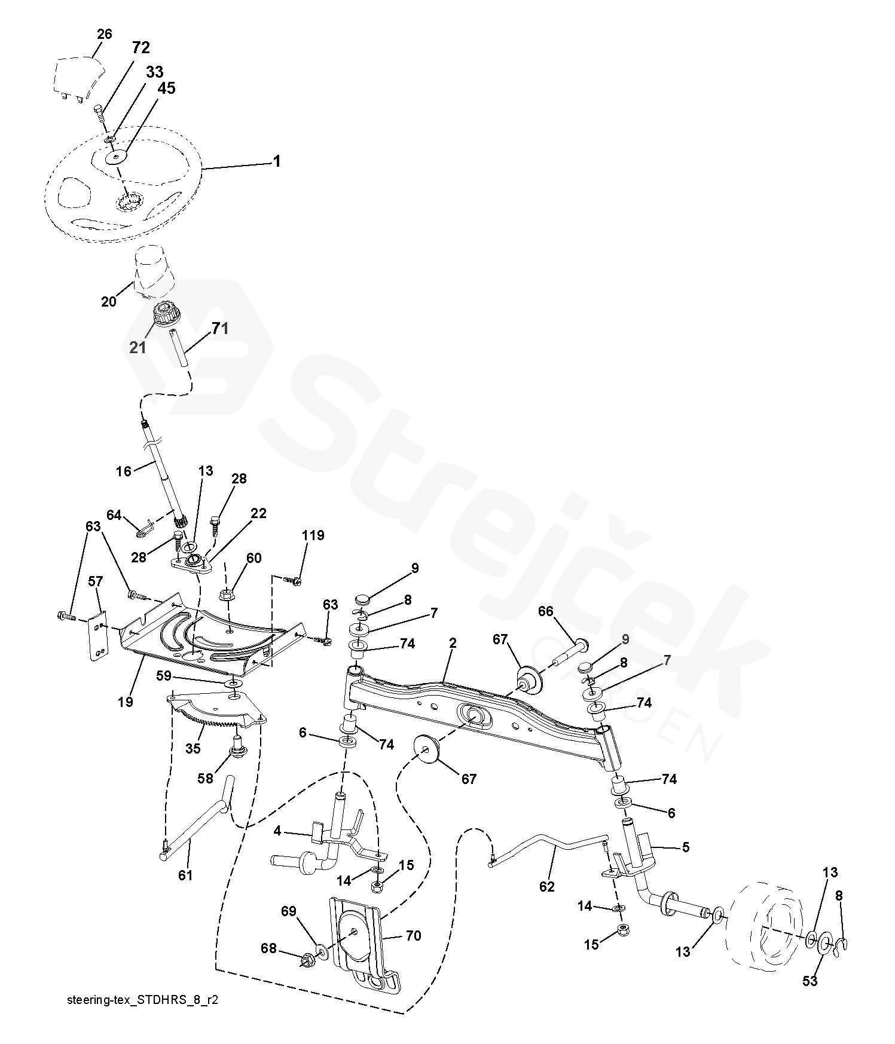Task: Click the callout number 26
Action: tap(104, 34)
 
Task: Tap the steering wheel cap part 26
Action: tap(78, 75)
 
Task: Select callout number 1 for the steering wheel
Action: tap(276, 161)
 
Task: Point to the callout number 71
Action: tap(220, 328)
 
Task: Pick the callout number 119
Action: tap(313, 535)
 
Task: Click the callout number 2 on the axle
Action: tap(453, 643)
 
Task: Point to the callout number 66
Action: tap(545, 611)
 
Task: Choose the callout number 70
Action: tap(413, 935)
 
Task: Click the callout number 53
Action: tap(810, 981)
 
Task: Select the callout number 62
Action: tap(546, 886)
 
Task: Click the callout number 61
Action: tap(185, 875)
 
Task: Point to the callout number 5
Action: tap(685, 847)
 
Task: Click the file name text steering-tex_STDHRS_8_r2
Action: tap(143, 1000)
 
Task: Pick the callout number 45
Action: tap(166, 88)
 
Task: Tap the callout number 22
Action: tap(258, 513)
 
